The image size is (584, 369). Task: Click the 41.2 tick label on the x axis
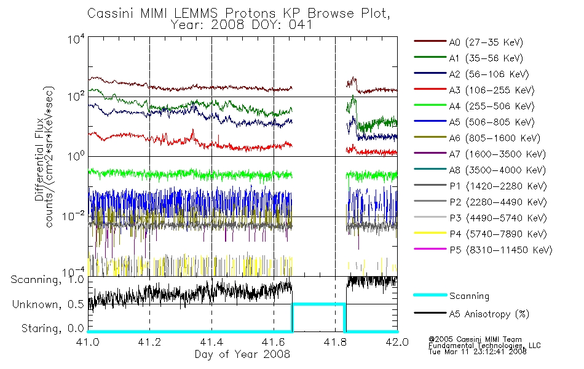point(149,342)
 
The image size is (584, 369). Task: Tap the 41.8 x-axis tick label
point(335,342)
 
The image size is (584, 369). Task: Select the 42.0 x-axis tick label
point(397,342)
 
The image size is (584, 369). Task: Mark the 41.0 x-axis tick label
point(87,342)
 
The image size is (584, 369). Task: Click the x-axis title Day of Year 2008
point(242,354)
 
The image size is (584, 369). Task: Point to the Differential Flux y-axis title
point(39,159)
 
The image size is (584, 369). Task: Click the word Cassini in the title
point(111,14)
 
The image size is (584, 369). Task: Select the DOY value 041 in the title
point(301,25)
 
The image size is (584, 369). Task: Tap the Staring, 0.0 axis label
point(53,328)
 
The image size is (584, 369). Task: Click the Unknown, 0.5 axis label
point(48,304)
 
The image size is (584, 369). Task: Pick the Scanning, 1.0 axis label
point(47,280)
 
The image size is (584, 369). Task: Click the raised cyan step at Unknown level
point(319,304)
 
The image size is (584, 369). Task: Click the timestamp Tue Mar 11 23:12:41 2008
point(478,352)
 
